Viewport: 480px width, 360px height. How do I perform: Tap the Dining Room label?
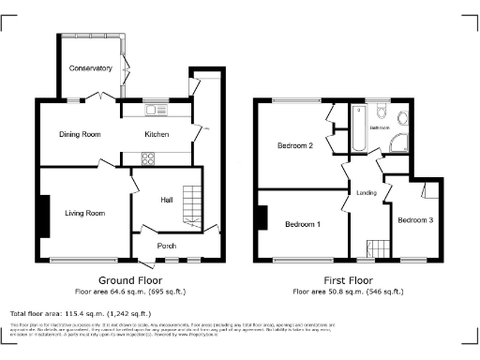tap(81, 135)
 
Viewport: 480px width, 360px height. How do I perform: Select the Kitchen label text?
tap(156, 135)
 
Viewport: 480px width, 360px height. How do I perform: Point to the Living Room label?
tap(83, 214)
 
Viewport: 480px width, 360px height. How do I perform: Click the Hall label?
tap(166, 200)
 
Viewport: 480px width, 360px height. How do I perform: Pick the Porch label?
tap(167, 247)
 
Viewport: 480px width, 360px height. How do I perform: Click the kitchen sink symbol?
tap(155, 112)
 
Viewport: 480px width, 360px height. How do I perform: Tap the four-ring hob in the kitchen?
tap(148, 158)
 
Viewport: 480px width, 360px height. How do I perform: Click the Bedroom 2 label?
tap(294, 145)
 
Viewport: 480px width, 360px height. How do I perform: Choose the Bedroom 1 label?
tap(302, 225)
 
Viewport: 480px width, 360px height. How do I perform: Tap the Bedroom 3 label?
tap(414, 221)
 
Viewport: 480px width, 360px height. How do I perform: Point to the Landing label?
tap(367, 194)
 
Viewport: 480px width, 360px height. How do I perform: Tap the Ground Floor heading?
tap(130, 280)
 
